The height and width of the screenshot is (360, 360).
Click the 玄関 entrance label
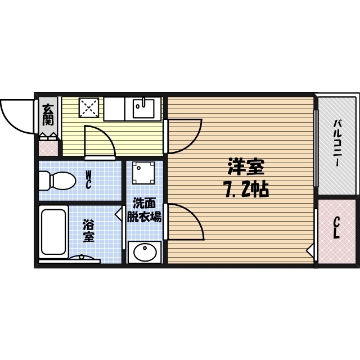coord(48,115)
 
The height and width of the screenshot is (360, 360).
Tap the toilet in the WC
coord(57,181)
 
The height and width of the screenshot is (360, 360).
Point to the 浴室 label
coord(88,231)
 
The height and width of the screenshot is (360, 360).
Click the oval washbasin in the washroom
coord(145,252)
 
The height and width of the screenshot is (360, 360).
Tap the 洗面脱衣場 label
coord(145,210)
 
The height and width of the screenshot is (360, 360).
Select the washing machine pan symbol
coord(143,173)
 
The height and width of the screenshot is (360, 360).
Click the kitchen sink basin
coord(143,108)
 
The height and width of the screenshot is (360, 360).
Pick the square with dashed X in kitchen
coord(89,107)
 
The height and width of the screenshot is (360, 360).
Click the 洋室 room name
coord(246,166)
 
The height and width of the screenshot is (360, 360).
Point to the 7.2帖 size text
coord(246,190)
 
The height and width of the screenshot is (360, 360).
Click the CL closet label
coord(336,228)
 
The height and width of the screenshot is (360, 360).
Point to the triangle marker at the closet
coord(310,250)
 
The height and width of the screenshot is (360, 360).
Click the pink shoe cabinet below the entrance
coord(48,148)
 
